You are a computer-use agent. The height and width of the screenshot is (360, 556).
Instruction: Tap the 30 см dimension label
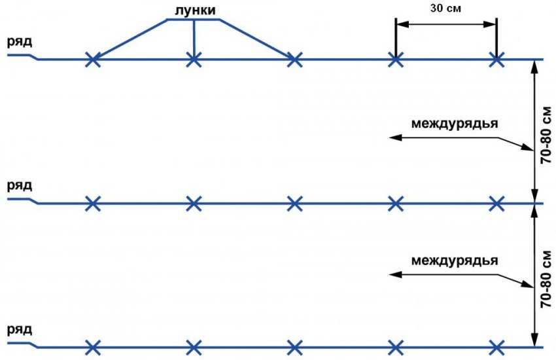(x=445, y=10)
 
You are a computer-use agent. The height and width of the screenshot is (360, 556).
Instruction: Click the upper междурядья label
(x=455, y=122)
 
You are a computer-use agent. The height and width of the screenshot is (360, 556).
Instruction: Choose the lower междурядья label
(x=455, y=260)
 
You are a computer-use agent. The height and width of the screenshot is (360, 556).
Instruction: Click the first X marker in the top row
(x=94, y=60)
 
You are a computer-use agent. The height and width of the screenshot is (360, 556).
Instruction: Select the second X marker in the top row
(x=194, y=60)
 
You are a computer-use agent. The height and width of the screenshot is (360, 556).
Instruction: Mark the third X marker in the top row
(x=294, y=60)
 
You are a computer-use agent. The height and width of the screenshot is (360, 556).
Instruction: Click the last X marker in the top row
(x=496, y=60)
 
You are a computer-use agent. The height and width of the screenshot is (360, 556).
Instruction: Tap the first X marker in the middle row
(x=94, y=204)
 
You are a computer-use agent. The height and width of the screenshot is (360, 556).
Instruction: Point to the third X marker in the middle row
(x=294, y=204)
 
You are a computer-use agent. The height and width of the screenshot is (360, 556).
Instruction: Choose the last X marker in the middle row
(x=496, y=204)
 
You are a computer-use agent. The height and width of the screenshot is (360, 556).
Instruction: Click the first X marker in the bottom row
(x=94, y=347)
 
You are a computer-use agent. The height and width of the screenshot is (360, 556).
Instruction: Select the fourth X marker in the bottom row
(x=395, y=347)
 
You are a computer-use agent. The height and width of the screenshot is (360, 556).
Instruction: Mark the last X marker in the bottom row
(x=496, y=347)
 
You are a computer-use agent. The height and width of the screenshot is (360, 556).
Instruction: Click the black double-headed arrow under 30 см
(x=445, y=25)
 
